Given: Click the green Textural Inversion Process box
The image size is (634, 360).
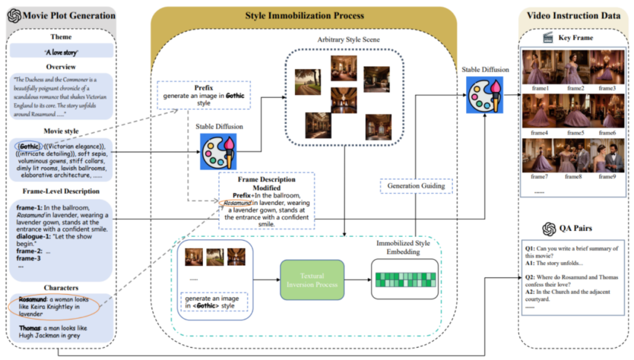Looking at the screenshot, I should pos(312,280).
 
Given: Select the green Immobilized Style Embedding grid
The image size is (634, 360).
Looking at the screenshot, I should pos(404,279).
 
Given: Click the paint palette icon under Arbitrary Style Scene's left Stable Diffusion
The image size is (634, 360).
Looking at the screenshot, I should pos(218,152).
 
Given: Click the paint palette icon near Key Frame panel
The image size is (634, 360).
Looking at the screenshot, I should pos(484,95).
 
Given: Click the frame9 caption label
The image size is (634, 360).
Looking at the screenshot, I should pos(606,176).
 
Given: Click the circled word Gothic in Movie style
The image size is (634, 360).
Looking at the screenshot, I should pos(28,146).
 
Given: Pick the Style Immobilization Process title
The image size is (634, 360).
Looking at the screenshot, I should pos(304,15).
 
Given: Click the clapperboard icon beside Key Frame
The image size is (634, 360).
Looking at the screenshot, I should pos(548,38).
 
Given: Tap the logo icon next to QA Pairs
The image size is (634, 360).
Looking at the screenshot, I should pos(548,228).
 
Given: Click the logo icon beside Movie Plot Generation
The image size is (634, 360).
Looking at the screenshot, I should pos(14,16).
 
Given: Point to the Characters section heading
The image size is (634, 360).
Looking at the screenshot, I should pos(61,288).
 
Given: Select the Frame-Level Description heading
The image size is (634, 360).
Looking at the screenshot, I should pos(61,191).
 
